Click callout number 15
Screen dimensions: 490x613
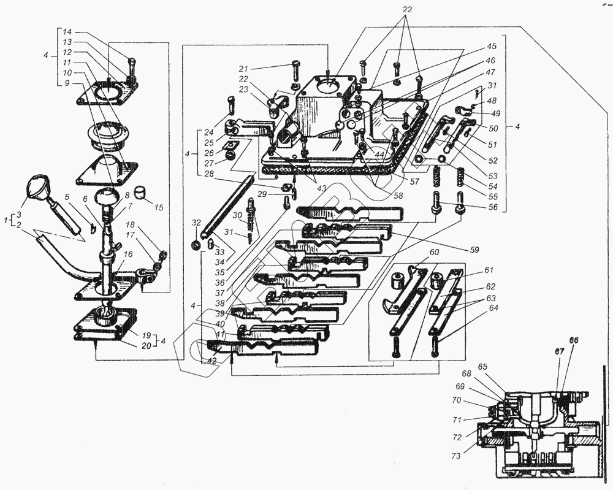[159, 207]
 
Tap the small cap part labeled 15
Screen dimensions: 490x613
[142, 194]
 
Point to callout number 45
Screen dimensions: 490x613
[492, 46]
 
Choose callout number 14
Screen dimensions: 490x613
[67, 31]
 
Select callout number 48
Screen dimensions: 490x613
[492, 100]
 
